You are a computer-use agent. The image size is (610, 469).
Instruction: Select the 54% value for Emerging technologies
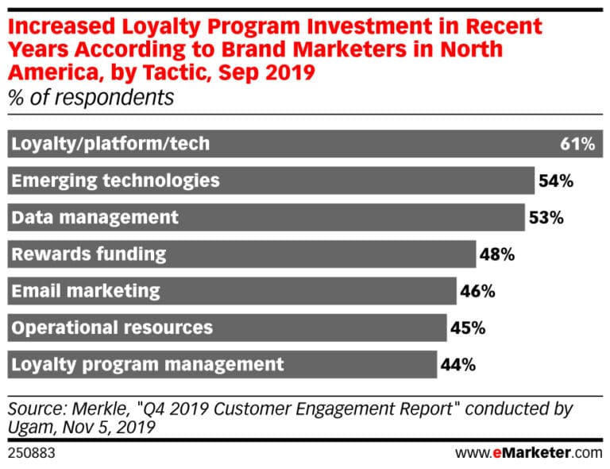pos(555,180)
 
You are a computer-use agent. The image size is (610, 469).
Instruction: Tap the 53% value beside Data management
pos(546,217)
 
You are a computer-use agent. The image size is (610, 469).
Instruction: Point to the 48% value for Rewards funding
pos(497,254)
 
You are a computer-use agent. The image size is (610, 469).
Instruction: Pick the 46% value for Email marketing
pos(477,291)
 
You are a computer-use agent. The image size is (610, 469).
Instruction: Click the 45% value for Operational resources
pos(468,328)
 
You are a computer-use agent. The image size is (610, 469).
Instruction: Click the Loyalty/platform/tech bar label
pos(110,144)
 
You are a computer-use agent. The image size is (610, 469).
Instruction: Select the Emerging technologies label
pos(115,180)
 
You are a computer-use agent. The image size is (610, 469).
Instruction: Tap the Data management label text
pos(95,217)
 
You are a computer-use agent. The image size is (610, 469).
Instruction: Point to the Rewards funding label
pos(88,254)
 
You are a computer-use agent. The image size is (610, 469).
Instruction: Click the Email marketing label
pos(85,291)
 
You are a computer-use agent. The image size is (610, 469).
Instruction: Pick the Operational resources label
pos(111,328)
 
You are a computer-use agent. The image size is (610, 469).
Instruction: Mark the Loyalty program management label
pos(147,365)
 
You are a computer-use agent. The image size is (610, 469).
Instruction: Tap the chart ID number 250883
pos(29,453)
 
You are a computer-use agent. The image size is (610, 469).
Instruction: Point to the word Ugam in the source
pos(29,428)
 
